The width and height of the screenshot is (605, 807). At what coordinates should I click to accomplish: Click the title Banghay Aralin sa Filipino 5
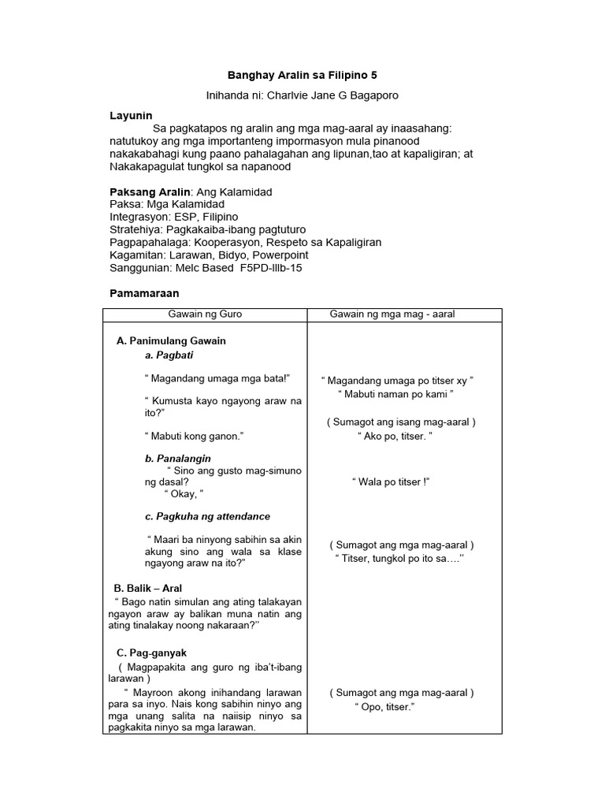[x=302, y=76]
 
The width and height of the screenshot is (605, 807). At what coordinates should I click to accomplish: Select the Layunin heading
[x=131, y=115]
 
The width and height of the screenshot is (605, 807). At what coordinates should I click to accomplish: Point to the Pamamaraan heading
[x=144, y=293]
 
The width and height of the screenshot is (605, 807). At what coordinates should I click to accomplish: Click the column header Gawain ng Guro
[x=205, y=314]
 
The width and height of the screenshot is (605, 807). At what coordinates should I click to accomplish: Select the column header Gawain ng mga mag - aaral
[x=392, y=314]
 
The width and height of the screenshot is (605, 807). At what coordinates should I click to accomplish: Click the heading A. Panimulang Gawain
[x=171, y=340]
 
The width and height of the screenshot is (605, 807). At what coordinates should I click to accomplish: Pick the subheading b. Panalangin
[x=178, y=458]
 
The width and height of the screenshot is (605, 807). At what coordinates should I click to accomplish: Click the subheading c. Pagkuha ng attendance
[x=207, y=516]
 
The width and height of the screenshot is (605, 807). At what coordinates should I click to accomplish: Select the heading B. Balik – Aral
[x=148, y=588]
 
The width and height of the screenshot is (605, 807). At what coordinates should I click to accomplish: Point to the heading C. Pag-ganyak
[x=151, y=653]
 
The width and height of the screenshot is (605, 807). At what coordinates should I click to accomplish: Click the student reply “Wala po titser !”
[x=391, y=482]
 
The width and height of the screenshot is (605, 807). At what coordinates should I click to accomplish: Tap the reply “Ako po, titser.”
[x=395, y=436]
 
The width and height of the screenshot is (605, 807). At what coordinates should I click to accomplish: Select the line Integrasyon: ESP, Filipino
[x=174, y=217]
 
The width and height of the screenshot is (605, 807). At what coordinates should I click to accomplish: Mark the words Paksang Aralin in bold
[x=150, y=192]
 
